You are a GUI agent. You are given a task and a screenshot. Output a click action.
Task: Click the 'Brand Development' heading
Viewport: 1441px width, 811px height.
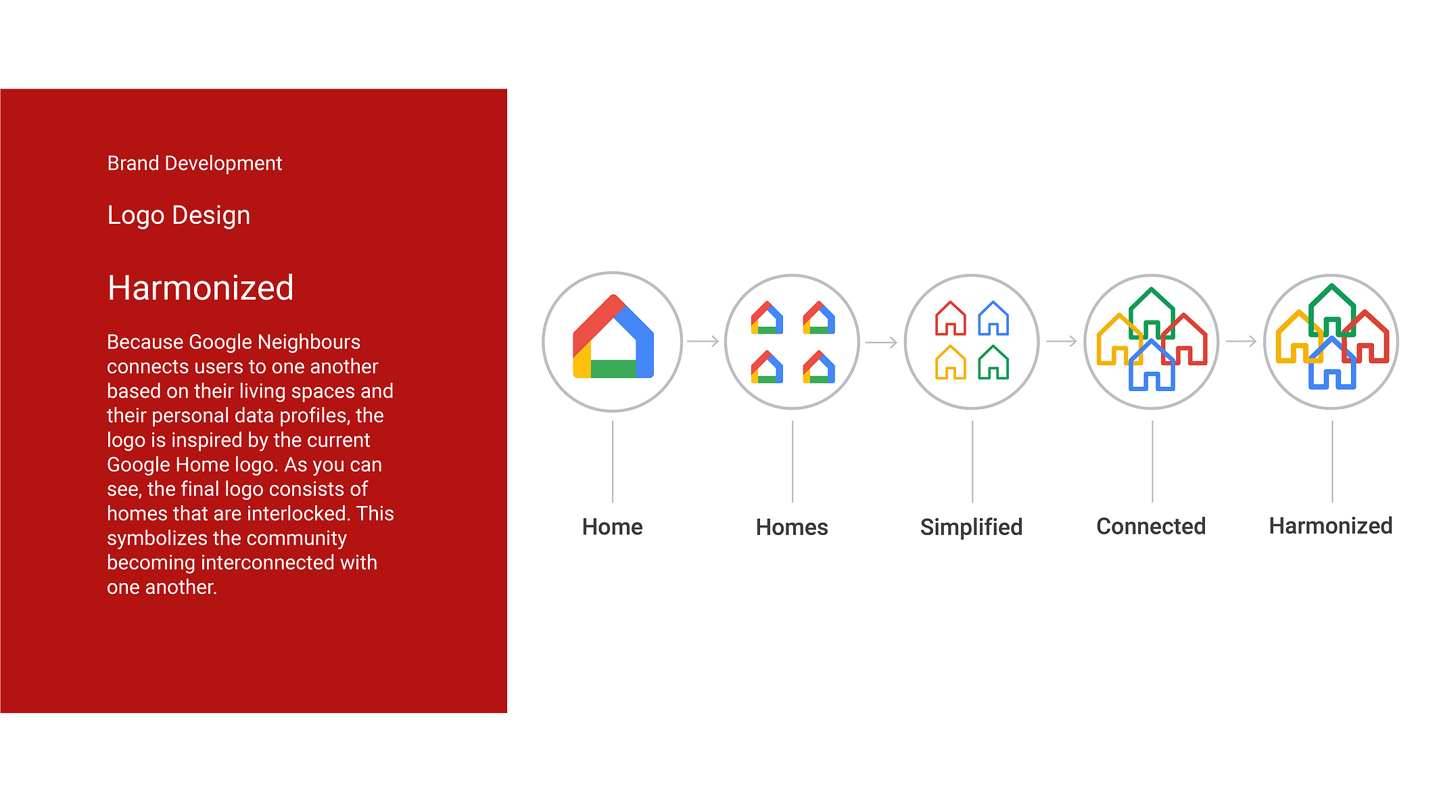[x=195, y=164]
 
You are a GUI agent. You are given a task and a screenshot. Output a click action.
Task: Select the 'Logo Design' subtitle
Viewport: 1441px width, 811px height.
[x=179, y=216]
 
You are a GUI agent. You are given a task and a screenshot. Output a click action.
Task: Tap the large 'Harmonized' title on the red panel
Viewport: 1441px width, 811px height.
[x=201, y=288]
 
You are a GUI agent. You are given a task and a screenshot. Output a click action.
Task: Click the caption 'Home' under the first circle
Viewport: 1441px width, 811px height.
[x=613, y=527]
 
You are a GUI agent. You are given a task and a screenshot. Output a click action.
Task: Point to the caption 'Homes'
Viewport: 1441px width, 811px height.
[x=792, y=527]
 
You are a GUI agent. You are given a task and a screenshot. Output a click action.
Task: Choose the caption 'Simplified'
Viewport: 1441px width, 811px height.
[x=972, y=527]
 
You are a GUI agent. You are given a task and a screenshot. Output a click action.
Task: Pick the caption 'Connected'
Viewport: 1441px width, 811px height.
[x=1151, y=526]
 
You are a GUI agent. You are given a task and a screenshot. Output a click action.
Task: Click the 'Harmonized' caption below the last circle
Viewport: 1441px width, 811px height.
[x=1331, y=526]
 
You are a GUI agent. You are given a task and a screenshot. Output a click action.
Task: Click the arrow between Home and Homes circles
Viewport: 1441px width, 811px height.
[x=703, y=342]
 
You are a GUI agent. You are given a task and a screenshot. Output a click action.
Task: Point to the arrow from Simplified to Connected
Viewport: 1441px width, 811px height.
[x=1062, y=342]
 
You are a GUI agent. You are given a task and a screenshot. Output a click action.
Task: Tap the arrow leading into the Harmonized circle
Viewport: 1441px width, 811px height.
[x=1242, y=342]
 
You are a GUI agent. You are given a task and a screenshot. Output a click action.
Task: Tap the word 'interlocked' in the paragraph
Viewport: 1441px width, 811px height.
[x=295, y=513]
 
